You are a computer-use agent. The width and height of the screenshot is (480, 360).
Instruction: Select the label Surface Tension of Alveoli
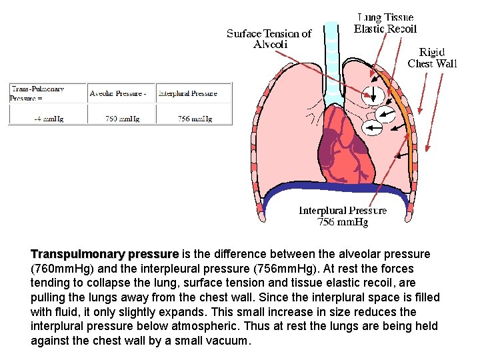tap(269, 39)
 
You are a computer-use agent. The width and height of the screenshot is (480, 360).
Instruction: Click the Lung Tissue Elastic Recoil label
tap(385, 23)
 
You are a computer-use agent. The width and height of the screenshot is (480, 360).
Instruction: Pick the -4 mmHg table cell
tap(48, 119)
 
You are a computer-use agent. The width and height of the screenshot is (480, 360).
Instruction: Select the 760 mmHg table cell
tap(121, 119)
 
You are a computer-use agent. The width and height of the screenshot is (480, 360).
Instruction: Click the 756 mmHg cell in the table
tap(194, 119)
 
